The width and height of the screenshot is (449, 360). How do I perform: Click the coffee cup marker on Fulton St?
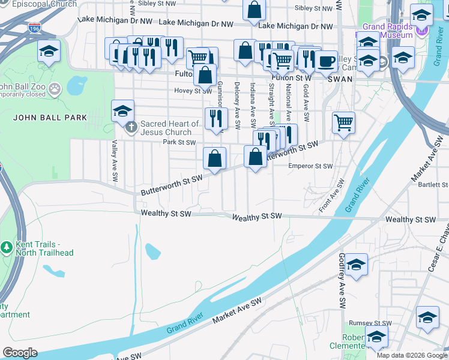[327, 62]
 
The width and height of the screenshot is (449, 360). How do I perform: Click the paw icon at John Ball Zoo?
[55, 89]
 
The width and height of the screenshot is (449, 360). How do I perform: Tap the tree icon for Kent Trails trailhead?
[7, 247]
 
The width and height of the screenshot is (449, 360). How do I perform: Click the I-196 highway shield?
[35, 28]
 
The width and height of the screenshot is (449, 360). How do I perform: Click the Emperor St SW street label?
[310, 166]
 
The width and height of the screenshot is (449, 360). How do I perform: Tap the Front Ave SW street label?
[332, 195]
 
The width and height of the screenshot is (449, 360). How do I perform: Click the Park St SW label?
[179, 142]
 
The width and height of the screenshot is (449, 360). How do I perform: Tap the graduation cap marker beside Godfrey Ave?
[356, 265]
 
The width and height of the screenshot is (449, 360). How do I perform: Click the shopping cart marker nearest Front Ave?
[343, 123]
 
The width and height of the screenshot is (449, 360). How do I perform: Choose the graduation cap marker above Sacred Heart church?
[122, 110]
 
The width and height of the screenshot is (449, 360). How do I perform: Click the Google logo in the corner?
[20, 352]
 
